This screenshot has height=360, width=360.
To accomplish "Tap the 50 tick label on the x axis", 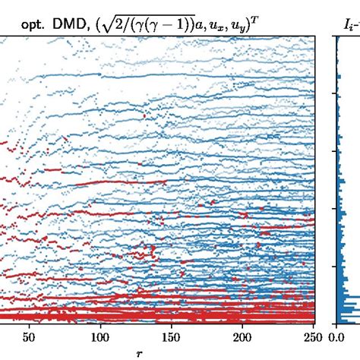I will click(x=29, y=337).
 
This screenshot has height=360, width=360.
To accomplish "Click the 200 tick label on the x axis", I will click(x=242, y=337).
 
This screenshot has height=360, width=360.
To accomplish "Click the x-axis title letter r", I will click(x=139, y=352).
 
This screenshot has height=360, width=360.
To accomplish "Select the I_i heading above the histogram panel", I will click(x=349, y=24).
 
